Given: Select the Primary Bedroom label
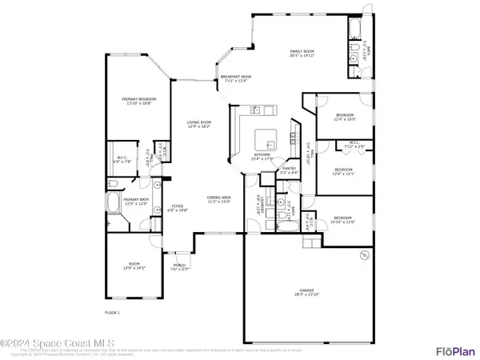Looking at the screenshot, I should point(138,101).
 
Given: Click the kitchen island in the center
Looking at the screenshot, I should point(268,140).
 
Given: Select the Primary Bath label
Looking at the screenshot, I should point(137,201).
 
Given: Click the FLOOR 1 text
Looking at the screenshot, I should point(112,311).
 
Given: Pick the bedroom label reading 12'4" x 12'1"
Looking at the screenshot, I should point(343,171).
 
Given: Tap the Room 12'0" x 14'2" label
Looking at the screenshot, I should point(134,266).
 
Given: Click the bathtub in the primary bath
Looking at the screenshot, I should point(113,202).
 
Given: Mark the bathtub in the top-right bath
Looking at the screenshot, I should point(353,31).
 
